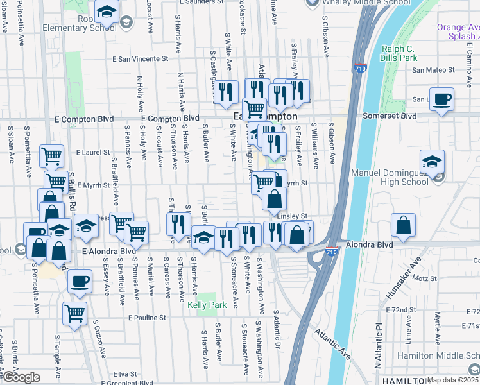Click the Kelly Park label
point(207,305)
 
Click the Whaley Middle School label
point(366,3)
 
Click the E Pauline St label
point(147,318)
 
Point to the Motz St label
point(424,278)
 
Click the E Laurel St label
point(93,153)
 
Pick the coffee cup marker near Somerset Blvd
point(441,99)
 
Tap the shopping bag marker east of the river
point(403,226)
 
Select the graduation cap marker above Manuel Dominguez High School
point(433,161)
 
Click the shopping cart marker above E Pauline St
point(75,314)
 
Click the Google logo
point(21,377)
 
